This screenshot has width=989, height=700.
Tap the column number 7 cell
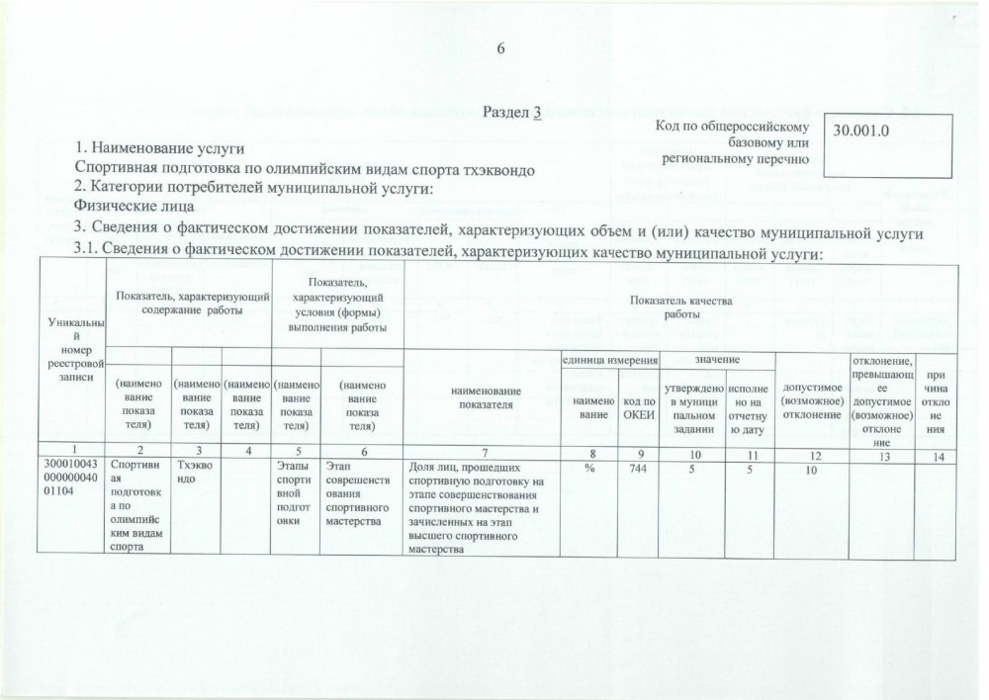click(481, 453)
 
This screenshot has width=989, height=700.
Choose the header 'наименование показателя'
click(481, 398)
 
